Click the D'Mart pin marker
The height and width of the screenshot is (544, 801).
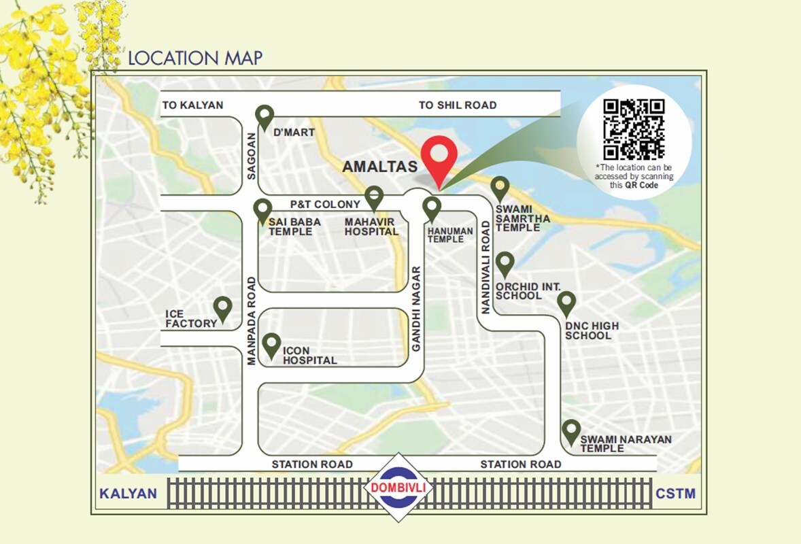coord(265,117)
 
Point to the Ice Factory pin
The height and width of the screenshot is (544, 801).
coord(222,309)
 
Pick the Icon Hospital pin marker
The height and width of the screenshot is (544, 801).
coord(272,345)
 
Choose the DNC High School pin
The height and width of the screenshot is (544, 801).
coord(566,303)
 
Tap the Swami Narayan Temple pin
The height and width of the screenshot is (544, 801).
coord(571,431)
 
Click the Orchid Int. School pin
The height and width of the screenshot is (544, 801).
coord(505,264)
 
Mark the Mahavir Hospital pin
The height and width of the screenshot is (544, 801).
coord(373,198)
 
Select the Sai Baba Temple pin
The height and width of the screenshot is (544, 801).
coord(262,211)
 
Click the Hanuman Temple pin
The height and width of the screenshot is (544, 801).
coord(432,208)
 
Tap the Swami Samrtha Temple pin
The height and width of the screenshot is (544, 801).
coord(500,188)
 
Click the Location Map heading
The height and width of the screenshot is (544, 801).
coord(195,58)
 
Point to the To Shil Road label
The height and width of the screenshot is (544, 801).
coord(458,105)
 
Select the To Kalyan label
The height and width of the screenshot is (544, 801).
coord(192,105)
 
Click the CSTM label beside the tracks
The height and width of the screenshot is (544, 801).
coord(675,493)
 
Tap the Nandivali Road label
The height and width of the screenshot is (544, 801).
coord(485,266)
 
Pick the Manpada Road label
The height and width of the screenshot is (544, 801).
coord(252,320)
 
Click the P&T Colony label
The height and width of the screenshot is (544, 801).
coord(325,204)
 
